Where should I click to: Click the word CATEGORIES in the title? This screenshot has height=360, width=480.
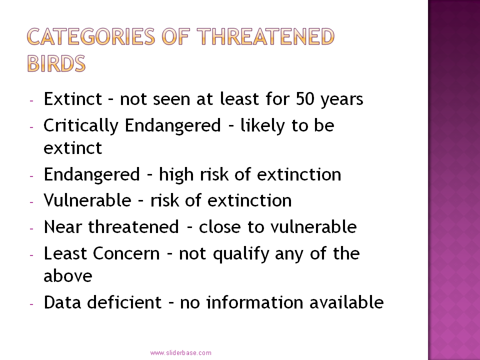(91, 36)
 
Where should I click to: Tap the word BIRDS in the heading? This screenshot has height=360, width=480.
(56, 63)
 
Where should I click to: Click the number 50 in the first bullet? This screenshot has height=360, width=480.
(305, 99)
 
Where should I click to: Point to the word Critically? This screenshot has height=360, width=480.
(81, 126)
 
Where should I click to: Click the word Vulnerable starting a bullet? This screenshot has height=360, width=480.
(87, 200)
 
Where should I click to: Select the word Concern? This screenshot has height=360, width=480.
(126, 253)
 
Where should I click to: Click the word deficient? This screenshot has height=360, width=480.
(124, 302)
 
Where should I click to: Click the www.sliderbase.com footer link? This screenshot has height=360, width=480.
(180, 352)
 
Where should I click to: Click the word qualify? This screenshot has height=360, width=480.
(241, 254)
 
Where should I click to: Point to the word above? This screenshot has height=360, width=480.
(68, 275)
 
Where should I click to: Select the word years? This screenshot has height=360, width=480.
(342, 100)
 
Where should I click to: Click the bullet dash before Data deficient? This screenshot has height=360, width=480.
(31, 304)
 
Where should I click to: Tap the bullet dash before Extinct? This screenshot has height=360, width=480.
(31, 100)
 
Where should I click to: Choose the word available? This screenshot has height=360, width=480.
(346, 302)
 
